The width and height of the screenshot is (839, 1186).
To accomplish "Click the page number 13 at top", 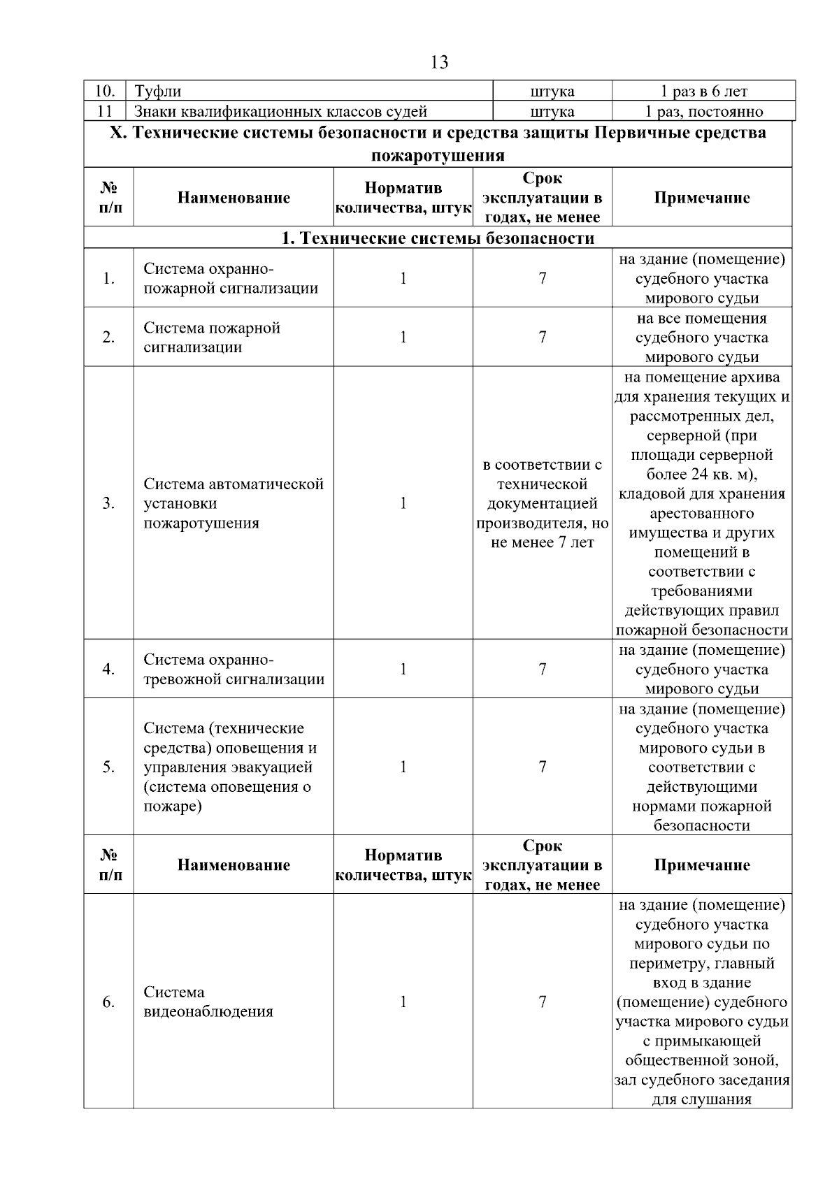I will [x=439, y=62].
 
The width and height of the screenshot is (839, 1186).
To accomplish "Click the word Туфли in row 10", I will [x=157, y=91].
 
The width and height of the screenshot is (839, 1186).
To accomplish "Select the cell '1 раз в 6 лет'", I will [x=703, y=91].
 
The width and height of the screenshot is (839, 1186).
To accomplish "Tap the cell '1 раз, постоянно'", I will [x=703, y=111].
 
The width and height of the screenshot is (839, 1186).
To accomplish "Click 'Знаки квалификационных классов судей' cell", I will [x=280, y=111].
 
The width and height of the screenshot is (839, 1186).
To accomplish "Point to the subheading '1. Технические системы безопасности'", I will [x=438, y=238].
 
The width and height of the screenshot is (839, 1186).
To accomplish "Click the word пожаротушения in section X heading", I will [x=438, y=154].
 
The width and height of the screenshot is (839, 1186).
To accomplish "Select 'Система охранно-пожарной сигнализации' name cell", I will [x=231, y=278].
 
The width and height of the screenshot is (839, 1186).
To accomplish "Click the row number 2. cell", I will [x=108, y=338].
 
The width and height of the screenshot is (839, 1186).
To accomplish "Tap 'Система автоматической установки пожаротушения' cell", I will [x=233, y=503].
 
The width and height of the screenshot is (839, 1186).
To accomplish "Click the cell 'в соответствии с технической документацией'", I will [x=542, y=503].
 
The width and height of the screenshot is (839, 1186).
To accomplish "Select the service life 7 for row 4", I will [x=542, y=670].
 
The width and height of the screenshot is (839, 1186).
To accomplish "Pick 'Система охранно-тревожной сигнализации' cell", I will [x=234, y=670].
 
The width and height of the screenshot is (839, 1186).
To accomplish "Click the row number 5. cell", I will [x=108, y=767].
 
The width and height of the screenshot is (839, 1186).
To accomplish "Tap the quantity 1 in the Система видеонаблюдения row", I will [x=403, y=1001].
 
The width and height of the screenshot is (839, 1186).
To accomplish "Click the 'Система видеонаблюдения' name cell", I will [x=208, y=1001].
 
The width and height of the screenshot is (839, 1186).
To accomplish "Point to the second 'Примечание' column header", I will [x=701, y=865].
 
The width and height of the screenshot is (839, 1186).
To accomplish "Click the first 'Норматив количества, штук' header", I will [x=403, y=198].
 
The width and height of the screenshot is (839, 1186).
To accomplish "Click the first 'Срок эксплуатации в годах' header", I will [x=542, y=198].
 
